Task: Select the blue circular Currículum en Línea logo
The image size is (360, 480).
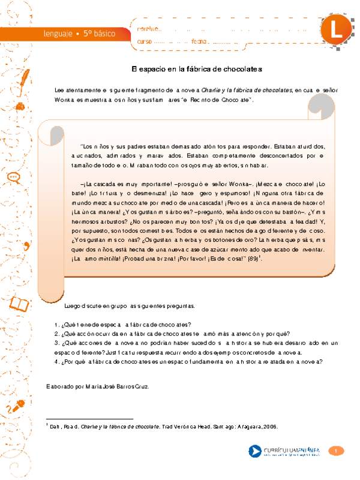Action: click(x=255, y=451)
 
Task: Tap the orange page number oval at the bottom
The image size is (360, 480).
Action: click(x=337, y=451)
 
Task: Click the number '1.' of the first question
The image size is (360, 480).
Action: click(x=56, y=324)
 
